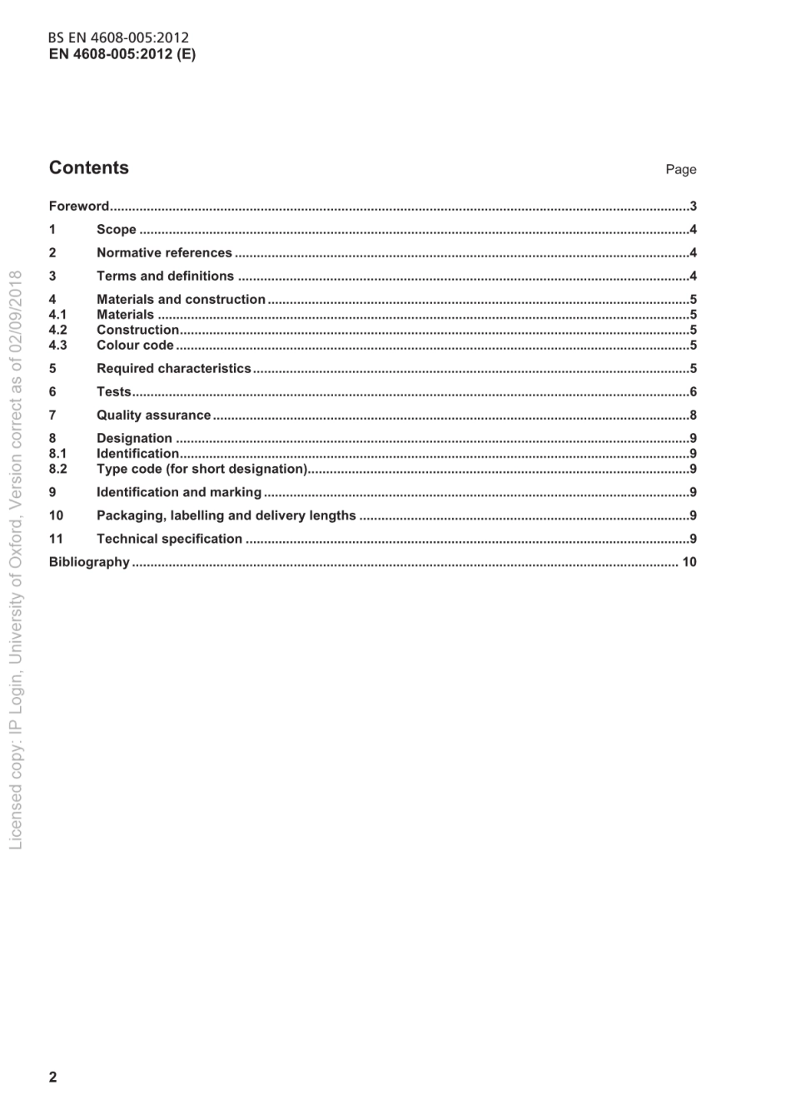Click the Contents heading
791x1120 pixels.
[89, 167]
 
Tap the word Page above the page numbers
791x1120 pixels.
[680, 170]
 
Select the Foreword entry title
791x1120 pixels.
[79, 207]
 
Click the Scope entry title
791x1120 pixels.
[117, 230]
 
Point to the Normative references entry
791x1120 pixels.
[164, 253]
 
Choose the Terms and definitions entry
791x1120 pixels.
[165, 276]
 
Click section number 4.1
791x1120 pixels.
[57, 315]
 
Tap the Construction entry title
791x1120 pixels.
[137, 330]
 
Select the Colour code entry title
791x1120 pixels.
[135, 346]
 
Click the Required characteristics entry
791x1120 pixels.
[173, 369]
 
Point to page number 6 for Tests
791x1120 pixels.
[693, 392]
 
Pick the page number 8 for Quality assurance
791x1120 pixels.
[693, 416]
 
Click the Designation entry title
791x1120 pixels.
[134, 439]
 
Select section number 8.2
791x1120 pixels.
[57, 469]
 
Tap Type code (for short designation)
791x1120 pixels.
[201, 469]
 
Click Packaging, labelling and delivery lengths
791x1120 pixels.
[226, 515]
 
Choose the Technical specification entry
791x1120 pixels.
[169, 539]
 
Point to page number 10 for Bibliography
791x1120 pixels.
[689, 562]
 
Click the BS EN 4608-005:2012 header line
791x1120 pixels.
[118, 37]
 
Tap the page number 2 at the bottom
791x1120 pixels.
[53, 1077]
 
